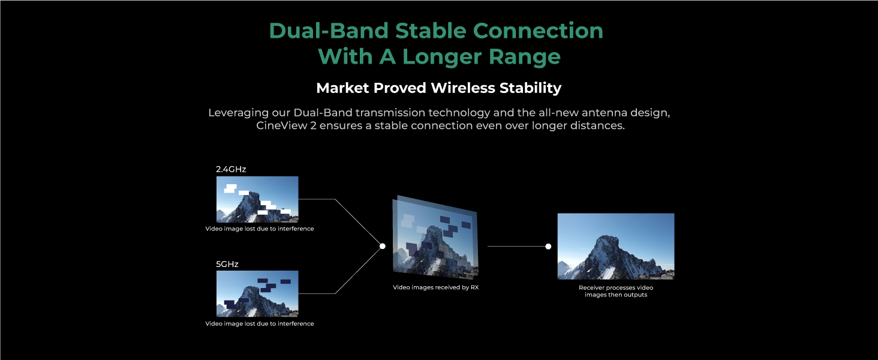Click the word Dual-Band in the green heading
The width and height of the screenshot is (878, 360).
click(x=329, y=31)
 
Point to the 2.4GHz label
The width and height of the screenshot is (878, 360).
click(x=231, y=169)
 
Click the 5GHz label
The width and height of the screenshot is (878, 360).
click(x=227, y=264)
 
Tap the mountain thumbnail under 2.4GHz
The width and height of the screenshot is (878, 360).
click(x=257, y=199)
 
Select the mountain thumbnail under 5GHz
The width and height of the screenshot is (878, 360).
click(x=257, y=294)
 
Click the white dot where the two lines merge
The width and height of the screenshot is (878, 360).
click(x=383, y=246)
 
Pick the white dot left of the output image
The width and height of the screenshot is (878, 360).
click(x=548, y=246)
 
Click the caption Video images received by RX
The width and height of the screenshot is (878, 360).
click(x=436, y=287)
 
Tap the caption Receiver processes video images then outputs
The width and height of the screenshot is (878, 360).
click(x=616, y=291)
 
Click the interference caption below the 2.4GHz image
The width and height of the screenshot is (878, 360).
click(x=260, y=229)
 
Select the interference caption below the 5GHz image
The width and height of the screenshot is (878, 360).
click(x=260, y=323)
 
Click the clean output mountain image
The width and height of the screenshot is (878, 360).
click(x=616, y=246)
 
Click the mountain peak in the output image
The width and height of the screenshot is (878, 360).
click(x=606, y=236)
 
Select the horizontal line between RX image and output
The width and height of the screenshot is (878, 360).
click(x=518, y=246)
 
